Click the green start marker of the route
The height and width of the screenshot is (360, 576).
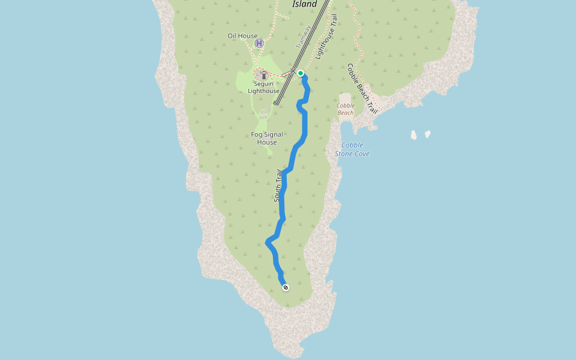(x=301, y=74)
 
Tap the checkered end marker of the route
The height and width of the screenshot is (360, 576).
(x=286, y=287)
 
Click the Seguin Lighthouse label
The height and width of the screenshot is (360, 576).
(x=264, y=88)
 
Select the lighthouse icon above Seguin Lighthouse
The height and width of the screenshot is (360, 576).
(x=263, y=74)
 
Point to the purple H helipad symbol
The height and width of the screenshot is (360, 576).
(x=259, y=43)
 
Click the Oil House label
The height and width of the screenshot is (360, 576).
(x=242, y=36)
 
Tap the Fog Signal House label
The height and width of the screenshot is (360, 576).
(x=267, y=139)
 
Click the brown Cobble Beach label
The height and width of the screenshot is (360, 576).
(x=346, y=109)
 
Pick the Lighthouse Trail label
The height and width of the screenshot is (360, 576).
(x=326, y=37)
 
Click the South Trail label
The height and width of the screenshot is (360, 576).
(x=278, y=185)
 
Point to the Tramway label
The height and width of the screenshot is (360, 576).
(x=304, y=37)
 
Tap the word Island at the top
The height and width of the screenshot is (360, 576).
(x=304, y=4)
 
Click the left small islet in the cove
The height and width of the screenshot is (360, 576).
(x=414, y=135)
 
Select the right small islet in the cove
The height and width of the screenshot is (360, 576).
(x=428, y=134)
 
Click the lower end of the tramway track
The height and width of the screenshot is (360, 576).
(x=276, y=103)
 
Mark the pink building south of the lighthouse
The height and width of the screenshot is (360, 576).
(x=265, y=112)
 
